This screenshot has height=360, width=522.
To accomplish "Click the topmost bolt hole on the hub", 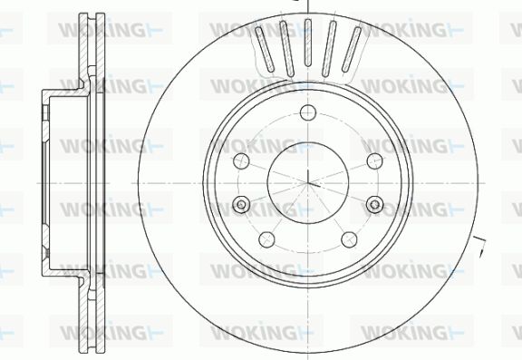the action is pyautogui.click(x=307, y=112).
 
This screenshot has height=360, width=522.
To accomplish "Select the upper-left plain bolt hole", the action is pyautogui.click(x=241, y=161).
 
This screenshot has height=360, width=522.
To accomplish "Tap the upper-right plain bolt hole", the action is pyautogui.click(x=374, y=161).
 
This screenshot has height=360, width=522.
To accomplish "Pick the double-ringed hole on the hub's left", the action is pyautogui.click(x=241, y=204).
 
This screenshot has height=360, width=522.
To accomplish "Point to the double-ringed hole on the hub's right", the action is pyautogui.click(x=374, y=204).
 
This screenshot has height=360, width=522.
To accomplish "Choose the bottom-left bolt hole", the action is pyautogui.click(x=266, y=239).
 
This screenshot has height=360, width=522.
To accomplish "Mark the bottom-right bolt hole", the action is pyautogui.click(x=349, y=239).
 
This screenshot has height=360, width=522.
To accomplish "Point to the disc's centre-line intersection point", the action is pyautogui.click(x=308, y=183).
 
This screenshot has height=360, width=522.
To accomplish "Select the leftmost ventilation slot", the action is pyautogui.click(x=265, y=49).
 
